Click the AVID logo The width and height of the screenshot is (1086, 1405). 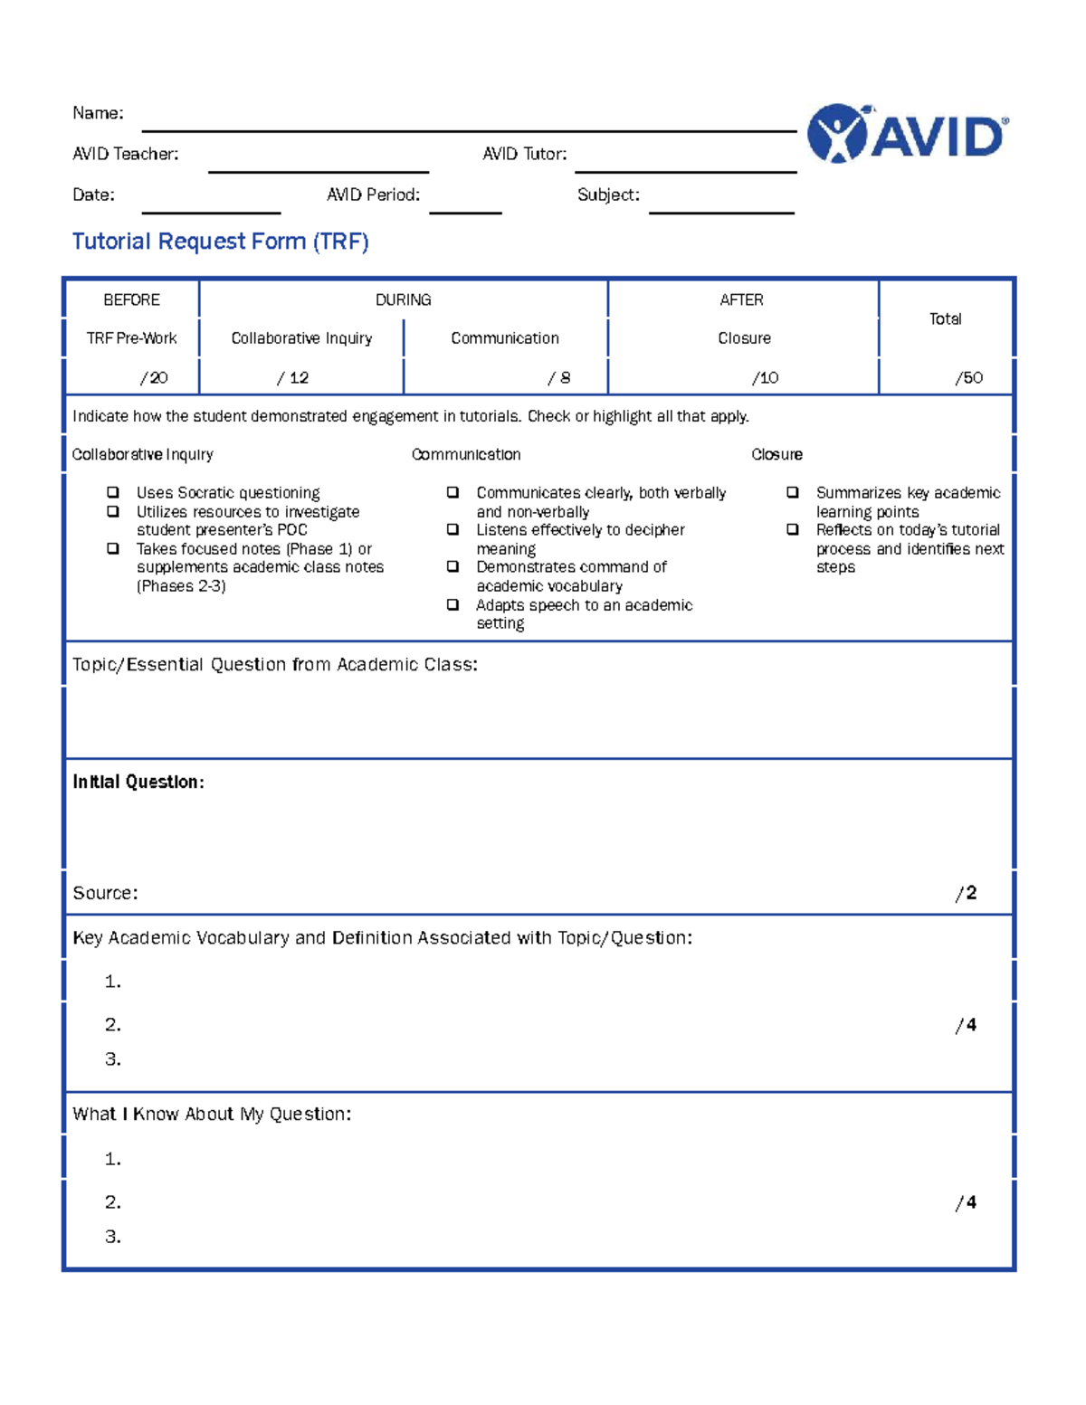(907, 134)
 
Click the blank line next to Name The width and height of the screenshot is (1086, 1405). (469, 129)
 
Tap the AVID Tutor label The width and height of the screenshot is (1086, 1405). (524, 155)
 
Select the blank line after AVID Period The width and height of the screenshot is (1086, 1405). (465, 211)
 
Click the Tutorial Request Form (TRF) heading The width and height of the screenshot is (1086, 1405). (220, 242)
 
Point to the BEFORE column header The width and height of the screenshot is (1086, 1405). (131, 299)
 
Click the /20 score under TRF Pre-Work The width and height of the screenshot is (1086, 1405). (153, 378)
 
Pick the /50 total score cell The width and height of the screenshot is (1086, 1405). (968, 378)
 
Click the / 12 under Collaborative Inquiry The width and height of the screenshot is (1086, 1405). (292, 378)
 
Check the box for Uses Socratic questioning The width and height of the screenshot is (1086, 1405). (113, 492)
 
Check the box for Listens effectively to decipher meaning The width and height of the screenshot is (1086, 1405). (452, 529)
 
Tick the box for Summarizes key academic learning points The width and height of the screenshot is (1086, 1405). (793, 492)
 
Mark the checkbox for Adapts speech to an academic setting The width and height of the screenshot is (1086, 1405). (452, 604)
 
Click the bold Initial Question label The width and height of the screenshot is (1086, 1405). (138, 782)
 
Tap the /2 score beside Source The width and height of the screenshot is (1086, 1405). (966, 893)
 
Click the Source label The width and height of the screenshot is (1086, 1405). (105, 893)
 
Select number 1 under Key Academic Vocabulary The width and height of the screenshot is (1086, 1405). (112, 982)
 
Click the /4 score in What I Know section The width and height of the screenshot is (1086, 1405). (966, 1202)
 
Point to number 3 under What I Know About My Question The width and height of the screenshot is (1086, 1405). (112, 1237)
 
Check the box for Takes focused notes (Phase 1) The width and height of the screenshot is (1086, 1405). (113, 548)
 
